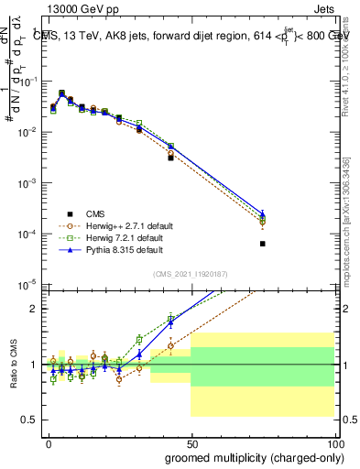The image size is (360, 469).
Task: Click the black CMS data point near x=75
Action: tap(263, 244)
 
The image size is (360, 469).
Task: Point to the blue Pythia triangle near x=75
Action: tap(263, 213)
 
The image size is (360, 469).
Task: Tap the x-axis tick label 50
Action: tap(191, 442)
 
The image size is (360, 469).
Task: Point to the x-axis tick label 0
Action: tap(49, 442)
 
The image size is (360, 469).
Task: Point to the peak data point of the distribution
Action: tap(61, 93)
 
